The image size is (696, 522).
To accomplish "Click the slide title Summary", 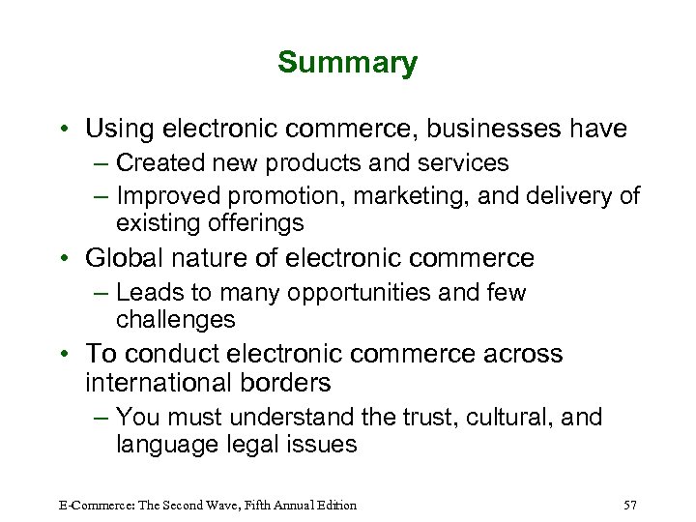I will (x=347, y=63).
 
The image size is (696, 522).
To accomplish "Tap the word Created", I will (x=163, y=163).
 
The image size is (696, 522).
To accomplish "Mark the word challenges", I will (x=175, y=319).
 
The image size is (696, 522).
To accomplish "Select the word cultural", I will (x=528, y=418).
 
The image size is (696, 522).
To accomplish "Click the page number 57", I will (x=631, y=505).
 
